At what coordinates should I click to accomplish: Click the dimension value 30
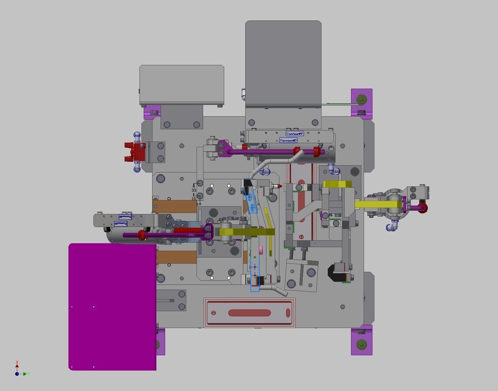pyautogui.click(x=194, y=191)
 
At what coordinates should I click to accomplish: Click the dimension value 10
pyautogui.click(x=194, y=199)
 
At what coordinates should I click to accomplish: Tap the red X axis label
pyautogui.click(x=17, y=362)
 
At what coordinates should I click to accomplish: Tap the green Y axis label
pyautogui.click(x=29, y=374)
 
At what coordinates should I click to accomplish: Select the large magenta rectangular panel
pyautogui.click(x=112, y=307)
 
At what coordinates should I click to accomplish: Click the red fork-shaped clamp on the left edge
pyautogui.click(x=134, y=152)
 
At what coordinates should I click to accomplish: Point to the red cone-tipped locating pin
pyautogui.click(x=277, y=186)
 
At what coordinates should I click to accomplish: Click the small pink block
pyautogui.click(x=261, y=251)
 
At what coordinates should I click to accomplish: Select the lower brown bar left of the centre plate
pyautogui.click(x=176, y=257)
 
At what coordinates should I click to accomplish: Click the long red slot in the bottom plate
pyautogui.click(x=249, y=313)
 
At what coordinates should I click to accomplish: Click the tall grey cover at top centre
pyautogui.click(x=283, y=63)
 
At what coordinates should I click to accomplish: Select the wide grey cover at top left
pyautogui.click(x=182, y=84)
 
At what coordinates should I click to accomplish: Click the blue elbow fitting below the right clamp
pyautogui.click(x=393, y=226)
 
